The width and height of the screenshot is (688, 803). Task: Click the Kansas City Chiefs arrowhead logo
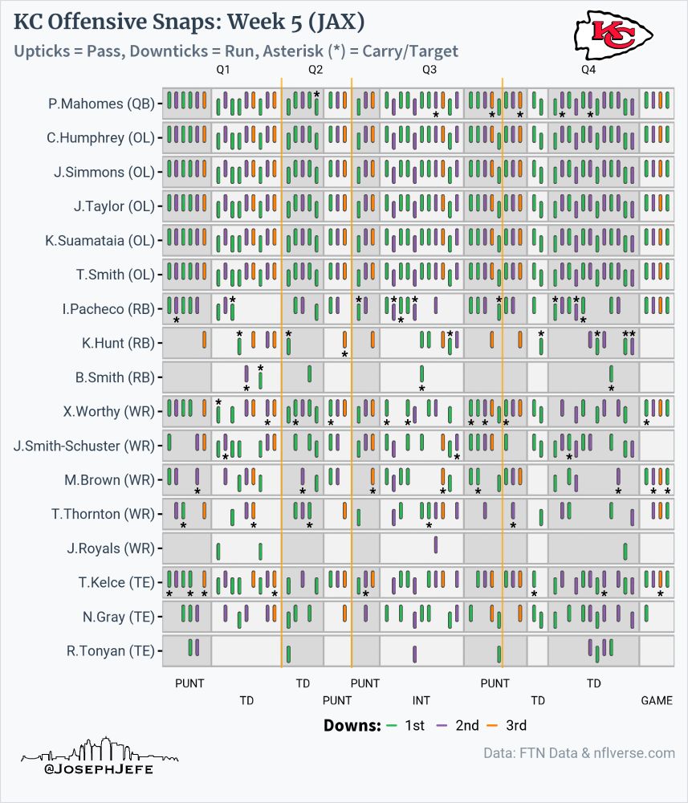pos(613,34)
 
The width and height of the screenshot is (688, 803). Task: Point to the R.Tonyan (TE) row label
pos(110,650)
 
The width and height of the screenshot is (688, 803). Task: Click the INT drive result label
pos(421,700)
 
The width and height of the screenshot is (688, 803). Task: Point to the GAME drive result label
pos(657,700)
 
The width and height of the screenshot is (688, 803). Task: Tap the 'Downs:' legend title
pos(352,726)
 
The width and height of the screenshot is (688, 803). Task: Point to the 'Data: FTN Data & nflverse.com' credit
pos(579,753)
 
